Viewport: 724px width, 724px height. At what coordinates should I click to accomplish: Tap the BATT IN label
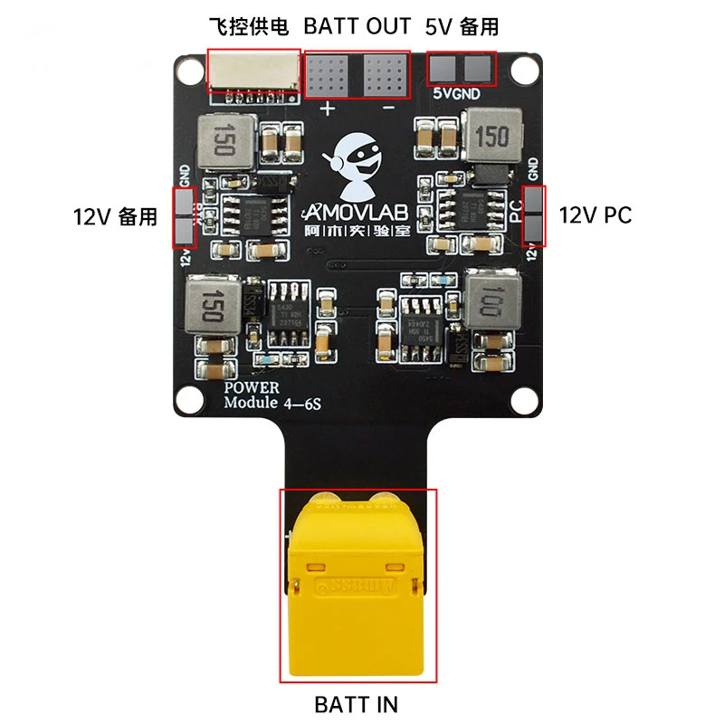pos(357,703)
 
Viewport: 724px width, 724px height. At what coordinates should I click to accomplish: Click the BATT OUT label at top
pos(357,26)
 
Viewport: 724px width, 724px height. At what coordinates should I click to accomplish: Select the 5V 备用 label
pos(462,26)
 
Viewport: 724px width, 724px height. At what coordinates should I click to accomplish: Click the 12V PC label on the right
pos(595,215)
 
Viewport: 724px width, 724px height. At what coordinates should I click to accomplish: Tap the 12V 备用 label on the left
pos(116,217)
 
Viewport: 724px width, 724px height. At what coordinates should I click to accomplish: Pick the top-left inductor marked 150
pos(225,143)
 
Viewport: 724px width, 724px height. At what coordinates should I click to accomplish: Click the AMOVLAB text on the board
pos(358,211)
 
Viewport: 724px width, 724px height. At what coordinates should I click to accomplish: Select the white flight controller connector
pos(253,71)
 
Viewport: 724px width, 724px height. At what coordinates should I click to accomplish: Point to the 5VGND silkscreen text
pos(462,92)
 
